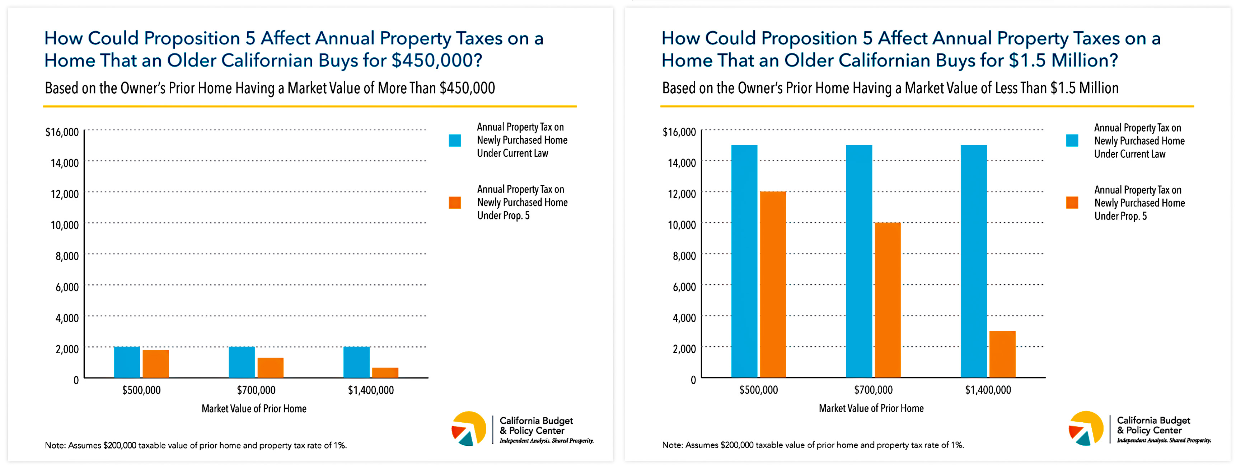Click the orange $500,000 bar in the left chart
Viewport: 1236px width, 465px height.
(x=155, y=364)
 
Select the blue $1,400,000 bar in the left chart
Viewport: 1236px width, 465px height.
(x=356, y=362)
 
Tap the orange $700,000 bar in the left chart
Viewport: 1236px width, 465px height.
(x=270, y=368)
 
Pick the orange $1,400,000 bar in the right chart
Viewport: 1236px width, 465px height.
(x=1002, y=354)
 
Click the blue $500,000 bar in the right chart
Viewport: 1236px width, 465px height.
(x=744, y=261)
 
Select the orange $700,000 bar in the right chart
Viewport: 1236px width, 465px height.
(x=888, y=300)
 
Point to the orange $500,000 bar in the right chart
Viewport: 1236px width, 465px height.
(x=773, y=285)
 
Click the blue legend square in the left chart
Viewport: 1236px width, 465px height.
(x=455, y=141)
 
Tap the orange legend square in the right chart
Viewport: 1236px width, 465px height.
(x=1072, y=203)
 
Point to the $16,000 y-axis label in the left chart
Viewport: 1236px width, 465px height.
(x=62, y=132)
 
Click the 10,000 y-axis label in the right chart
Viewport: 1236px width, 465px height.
(x=682, y=225)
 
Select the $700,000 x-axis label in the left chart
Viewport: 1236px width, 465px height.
(x=256, y=390)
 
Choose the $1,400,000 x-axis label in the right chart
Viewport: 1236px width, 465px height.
(x=988, y=390)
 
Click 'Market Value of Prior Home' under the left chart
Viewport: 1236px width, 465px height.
(x=254, y=408)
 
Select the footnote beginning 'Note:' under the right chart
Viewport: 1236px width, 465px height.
(x=813, y=445)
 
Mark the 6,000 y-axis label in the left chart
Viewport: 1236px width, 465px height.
(x=67, y=287)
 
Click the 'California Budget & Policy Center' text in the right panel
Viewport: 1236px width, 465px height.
(x=1153, y=426)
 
